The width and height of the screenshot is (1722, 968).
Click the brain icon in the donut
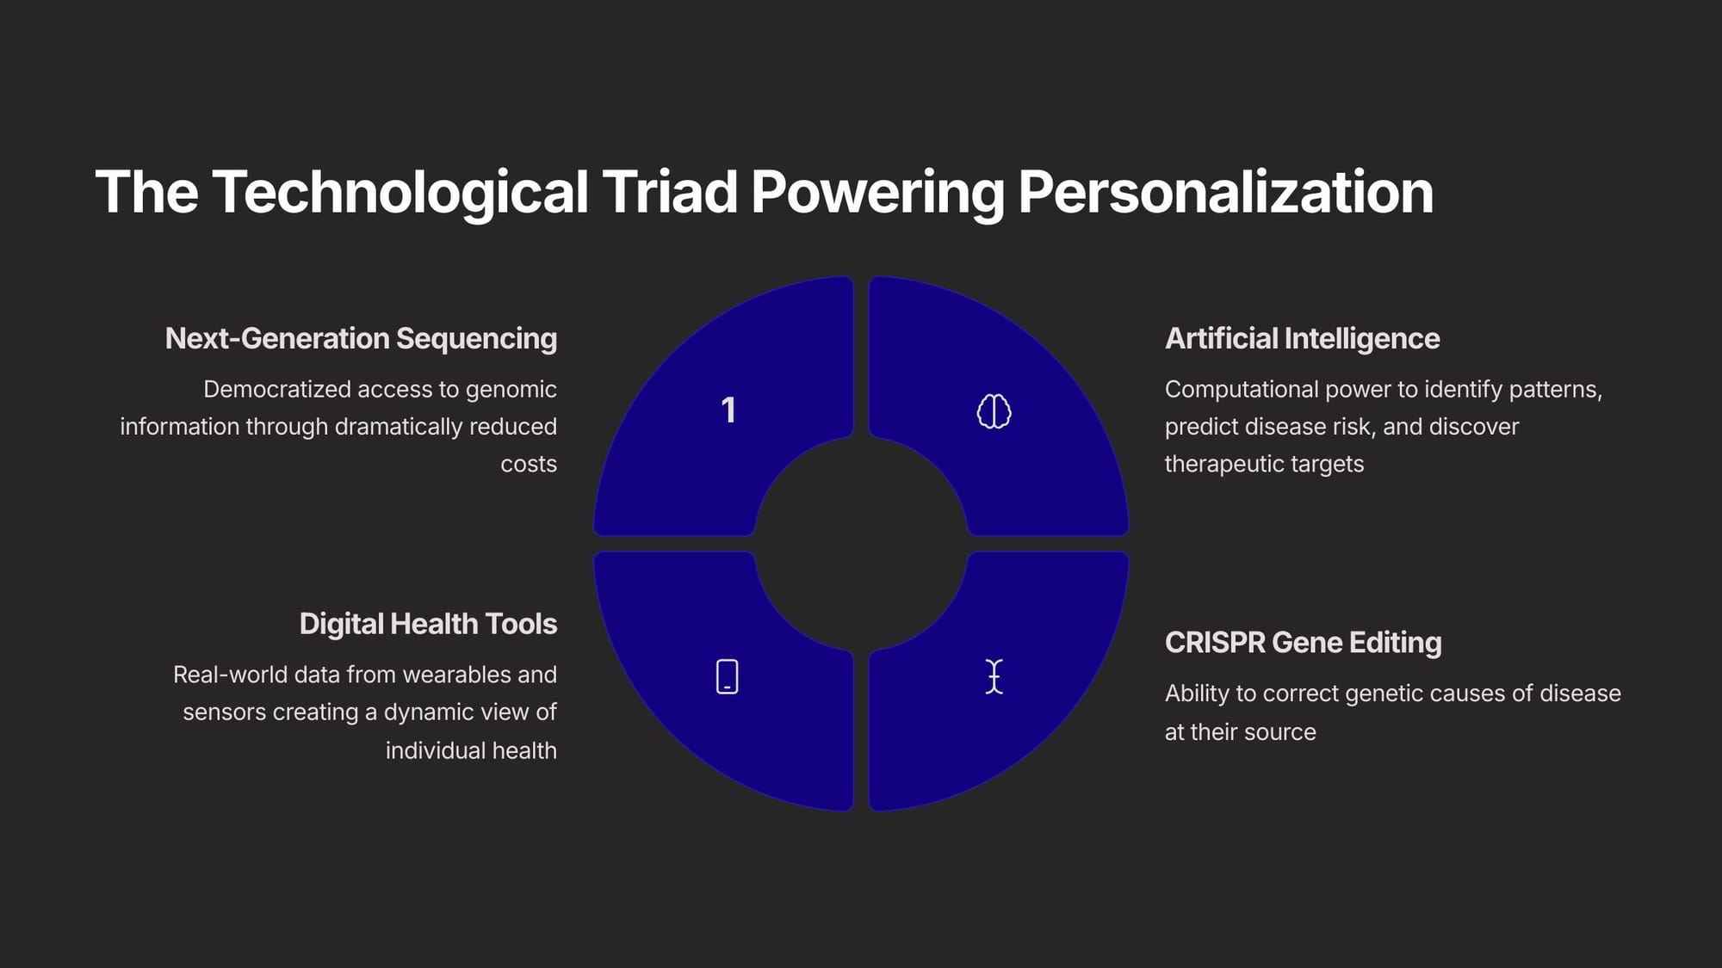(x=994, y=411)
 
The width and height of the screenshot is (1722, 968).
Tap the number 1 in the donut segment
(x=728, y=410)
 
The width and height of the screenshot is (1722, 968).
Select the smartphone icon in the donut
(x=728, y=676)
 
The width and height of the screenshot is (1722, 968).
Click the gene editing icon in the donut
(x=994, y=676)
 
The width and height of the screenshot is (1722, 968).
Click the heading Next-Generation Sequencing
(x=361, y=339)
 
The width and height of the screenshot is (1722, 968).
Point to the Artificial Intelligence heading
(x=1302, y=339)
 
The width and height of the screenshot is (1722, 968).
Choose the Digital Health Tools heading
(x=428, y=624)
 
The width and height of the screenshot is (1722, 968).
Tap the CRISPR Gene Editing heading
(x=1303, y=643)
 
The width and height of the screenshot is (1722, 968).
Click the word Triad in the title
(x=670, y=192)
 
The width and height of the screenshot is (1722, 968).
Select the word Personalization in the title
(x=1226, y=192)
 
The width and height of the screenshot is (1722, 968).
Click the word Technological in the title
(x=400, y=193)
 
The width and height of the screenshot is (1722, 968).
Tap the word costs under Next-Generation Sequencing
(x=529, y=465)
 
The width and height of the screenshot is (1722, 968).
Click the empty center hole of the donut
(x=861, y=544)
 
